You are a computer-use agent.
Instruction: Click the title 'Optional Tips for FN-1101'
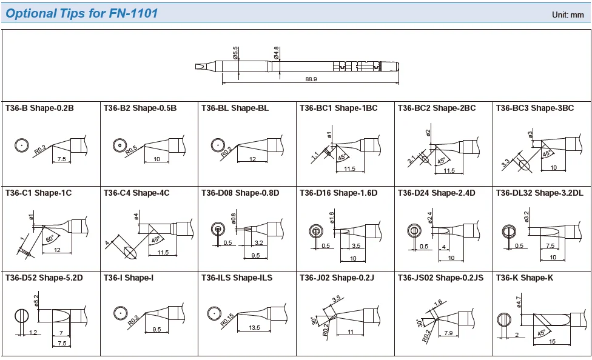[82, 13]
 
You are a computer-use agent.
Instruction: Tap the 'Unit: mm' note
[567, 15]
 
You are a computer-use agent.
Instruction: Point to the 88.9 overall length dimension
[311, 79]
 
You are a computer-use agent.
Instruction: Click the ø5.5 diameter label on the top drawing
[235, 53]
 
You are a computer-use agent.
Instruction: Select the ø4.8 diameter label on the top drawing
[277, 53]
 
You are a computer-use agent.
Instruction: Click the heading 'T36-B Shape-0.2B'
[39, 108]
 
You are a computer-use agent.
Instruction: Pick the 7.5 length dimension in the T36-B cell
[61, 159]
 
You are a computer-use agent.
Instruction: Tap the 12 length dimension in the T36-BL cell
[252, 159]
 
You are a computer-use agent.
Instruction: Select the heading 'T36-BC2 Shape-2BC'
[437, 108]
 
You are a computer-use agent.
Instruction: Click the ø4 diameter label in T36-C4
[136, 216]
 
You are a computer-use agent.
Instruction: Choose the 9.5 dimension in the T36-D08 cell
[255, 256]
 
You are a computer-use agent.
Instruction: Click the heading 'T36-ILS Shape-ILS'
[237, 278]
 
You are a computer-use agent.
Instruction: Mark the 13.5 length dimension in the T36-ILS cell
[255, 328]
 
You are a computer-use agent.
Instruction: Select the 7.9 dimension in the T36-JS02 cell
[448, 333]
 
